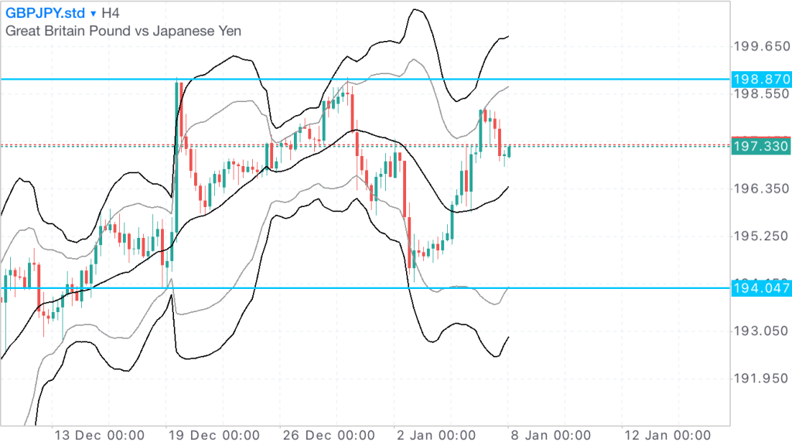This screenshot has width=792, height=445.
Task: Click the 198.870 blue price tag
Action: [x=760, y=79]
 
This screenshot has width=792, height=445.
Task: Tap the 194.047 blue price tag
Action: [x=760, y=288]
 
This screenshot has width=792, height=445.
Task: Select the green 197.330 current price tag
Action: [x=760, y=146]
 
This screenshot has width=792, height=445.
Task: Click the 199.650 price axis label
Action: [x=760, y=46]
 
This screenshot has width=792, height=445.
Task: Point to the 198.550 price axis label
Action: [x=760, y=94]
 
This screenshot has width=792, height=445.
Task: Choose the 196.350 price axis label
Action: [x=760, y=189]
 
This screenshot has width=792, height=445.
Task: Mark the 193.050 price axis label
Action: [x=760, y=331]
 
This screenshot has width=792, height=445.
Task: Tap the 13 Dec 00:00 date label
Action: [x=98, y=434]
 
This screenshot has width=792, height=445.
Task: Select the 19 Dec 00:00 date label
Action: [x=213, y=434]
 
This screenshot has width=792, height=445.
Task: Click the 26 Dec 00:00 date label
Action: [x=329, y=434]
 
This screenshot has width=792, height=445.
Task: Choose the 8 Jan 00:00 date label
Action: [x=552, y=434]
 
